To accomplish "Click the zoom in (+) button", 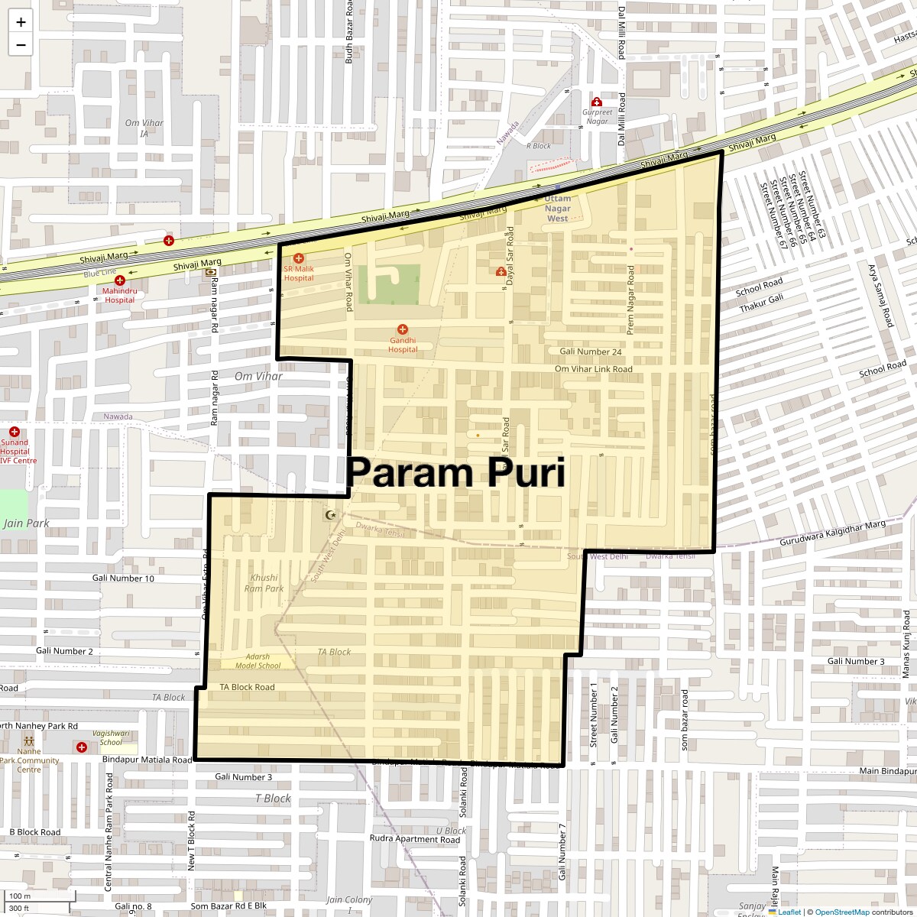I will click(21, 22).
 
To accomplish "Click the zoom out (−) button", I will click(21, 44).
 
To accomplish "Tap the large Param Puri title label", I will click(455, 472).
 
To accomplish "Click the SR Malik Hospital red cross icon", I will click(299, 258).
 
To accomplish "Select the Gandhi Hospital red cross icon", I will click(403, 329).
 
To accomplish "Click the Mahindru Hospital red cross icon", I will click(119, 280).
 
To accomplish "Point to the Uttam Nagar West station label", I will click(557, 208).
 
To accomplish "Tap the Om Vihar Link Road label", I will click(593, 369).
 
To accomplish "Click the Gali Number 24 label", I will click(590, 352).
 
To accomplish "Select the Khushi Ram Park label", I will click(264, 583).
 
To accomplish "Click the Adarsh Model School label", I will click(258, 661).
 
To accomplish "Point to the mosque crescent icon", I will click(330, 515).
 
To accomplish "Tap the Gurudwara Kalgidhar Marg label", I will click(832, 533).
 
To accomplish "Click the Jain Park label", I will click(26, 523).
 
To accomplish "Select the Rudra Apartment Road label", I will click(414, 839).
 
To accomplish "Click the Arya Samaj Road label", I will click(880, 296).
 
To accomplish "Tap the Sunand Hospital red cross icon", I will click(14, 432).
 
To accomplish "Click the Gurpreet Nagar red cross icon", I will click(597, 102).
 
